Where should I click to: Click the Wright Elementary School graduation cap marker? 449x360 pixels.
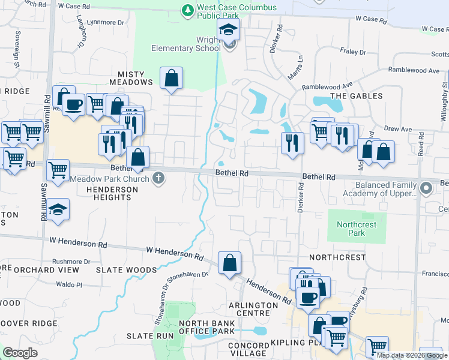tap(229, 30)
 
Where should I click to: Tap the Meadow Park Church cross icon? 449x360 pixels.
tap(158, 178)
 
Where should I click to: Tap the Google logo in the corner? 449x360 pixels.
tap(20, 353)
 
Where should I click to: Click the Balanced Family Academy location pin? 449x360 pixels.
tap(427, 189)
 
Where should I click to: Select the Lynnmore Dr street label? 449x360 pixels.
tap(106, 22)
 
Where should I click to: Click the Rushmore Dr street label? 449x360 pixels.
tap(71, 261)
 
